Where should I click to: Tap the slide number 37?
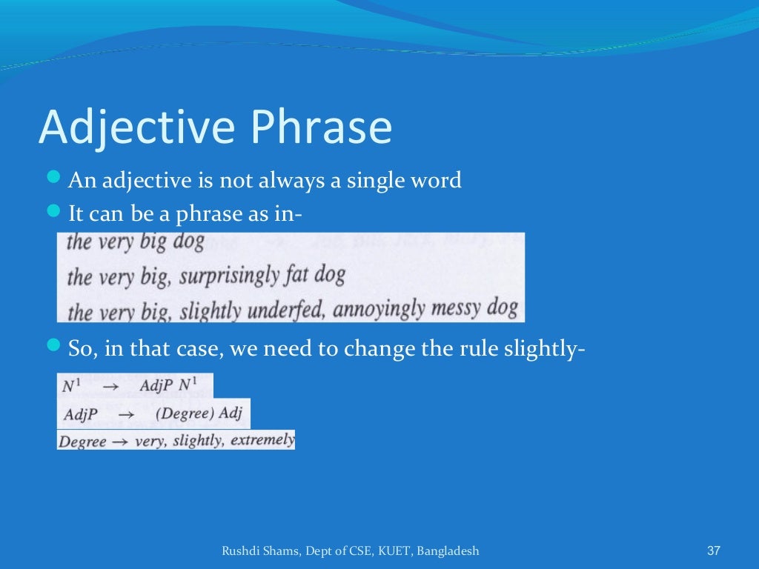[714, 550]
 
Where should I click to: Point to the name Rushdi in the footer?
[240, 550]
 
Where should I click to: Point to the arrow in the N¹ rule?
[110, 387]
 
